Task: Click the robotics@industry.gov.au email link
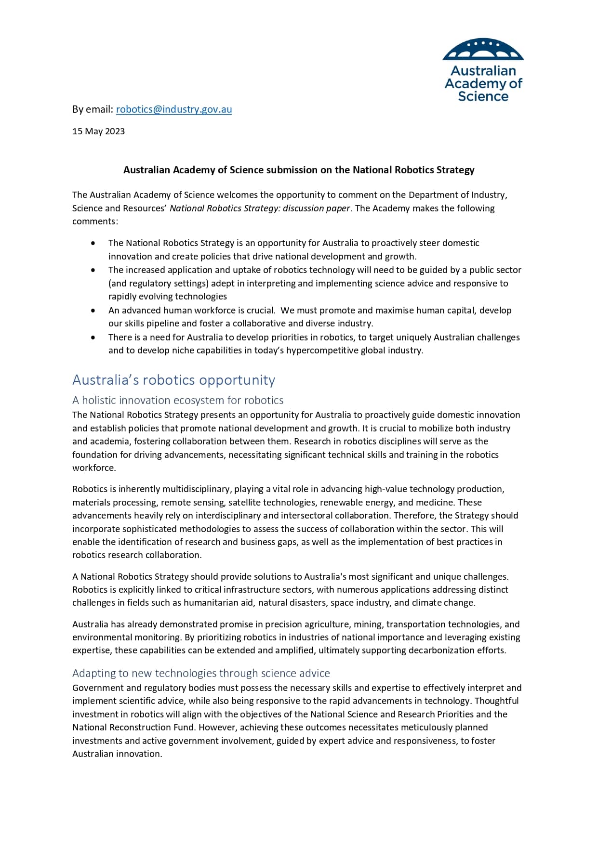point(174,109)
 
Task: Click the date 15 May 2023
point(98,131)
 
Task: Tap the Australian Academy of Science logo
point(483,70)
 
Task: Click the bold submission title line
point(299,170)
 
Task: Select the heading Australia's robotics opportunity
point(173,380)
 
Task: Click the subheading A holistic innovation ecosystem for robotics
point(178,400)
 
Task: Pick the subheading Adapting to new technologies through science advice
point(201,673)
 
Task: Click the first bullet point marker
point(93,243)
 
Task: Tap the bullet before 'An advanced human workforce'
point(93,311)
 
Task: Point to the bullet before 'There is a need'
point(93,338)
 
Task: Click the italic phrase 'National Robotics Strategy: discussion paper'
point(260,208)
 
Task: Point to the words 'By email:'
point(93,109)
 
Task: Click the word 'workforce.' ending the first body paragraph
point(94,468)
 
